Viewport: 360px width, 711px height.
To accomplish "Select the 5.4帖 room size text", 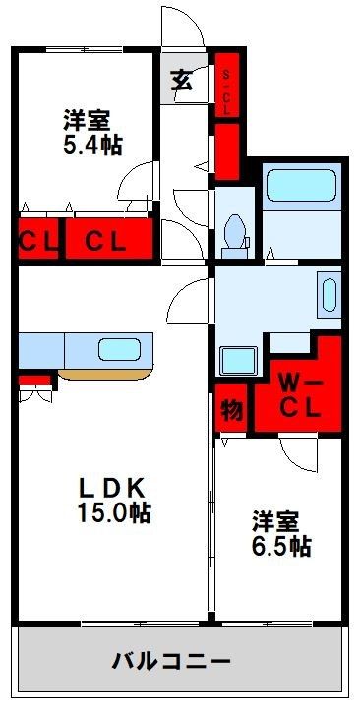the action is click(x=92, y=146).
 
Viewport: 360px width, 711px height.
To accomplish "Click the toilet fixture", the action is click(x=235, y=235).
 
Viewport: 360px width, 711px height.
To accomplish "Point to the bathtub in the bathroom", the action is click(x=302, y=185).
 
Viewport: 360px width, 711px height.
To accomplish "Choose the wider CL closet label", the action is click(x=105, y=242).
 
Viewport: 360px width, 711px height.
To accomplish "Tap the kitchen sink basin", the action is click(x=119, y=350).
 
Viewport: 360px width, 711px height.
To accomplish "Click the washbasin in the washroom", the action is click(x=330, y=295).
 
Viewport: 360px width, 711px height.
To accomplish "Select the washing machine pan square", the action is click(x=238, y=361).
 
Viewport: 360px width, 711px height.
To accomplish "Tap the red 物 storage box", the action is click(x=232, y=407).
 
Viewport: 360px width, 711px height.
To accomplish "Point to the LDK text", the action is click(x=112, y=489).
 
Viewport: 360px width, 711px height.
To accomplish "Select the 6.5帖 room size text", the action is click(x=281, y=546).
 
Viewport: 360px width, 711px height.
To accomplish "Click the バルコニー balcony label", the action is click(x=171, y=662).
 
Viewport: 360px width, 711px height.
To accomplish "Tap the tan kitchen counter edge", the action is click(x=104, y=375).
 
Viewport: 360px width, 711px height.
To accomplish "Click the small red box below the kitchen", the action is click(x=34, y=380).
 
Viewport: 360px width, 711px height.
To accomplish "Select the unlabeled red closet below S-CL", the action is click(x=226, y=151).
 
